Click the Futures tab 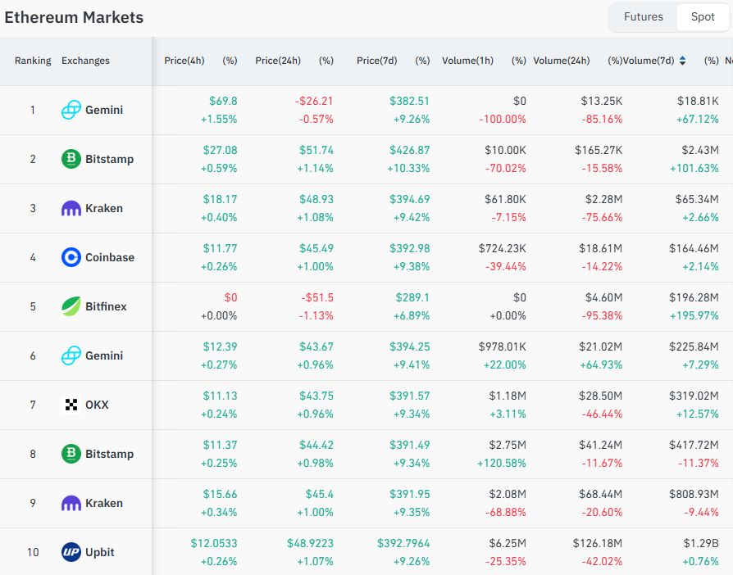(x=643, y=16)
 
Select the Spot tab (x=703, y=16)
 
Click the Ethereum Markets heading (x=74, y=17)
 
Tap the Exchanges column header (x=85, y=61)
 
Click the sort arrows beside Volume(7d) (x=682, y=61)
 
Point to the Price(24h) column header (x=278, y=61)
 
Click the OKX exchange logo (x=71, y=405)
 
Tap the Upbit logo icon (x=71, y=552)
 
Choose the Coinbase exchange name (x=110, y=257)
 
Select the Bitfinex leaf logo (x=71, y=306)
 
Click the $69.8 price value (x=223, y=101)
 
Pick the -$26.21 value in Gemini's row (x=314, y=101)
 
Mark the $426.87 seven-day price (x=408, y=150)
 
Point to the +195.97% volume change (x=694, y=315)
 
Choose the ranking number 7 (x=33, y=405)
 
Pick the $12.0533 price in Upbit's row (x=213, y=543)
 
